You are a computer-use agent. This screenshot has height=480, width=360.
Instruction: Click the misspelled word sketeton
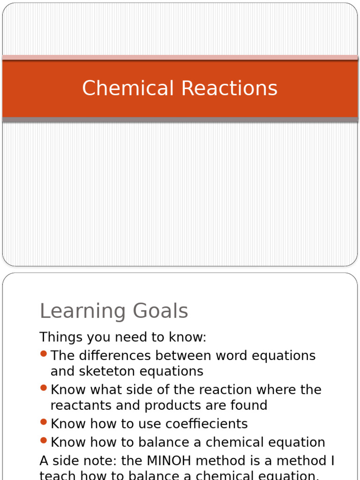100,371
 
